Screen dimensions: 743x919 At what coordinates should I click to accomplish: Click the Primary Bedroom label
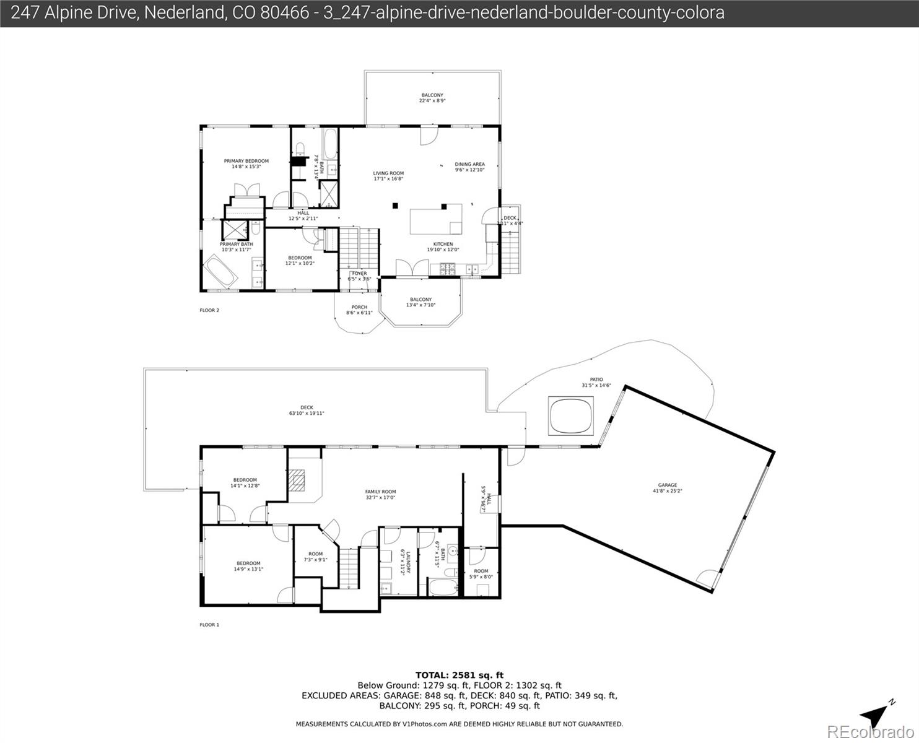coord(246,163)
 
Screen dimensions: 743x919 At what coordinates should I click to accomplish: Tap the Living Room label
coord(388,176)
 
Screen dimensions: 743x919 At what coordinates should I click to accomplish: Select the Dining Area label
coord(469,167)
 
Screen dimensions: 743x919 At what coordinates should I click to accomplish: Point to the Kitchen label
coord(443,246)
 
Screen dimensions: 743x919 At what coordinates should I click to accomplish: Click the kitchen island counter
coord(435,220)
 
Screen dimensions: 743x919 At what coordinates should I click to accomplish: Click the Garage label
coord(667,488)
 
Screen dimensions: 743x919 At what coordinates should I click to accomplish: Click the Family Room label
coord(380,494)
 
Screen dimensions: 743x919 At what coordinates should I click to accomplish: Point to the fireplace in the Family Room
coord(299,480)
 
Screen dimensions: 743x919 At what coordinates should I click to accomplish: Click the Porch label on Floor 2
coord(359,310)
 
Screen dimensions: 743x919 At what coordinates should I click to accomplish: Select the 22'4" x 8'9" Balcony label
coord(432,98)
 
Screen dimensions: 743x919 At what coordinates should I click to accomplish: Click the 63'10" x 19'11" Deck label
coord(307,410)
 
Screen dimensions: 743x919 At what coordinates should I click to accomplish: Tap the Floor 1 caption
coord(209,625)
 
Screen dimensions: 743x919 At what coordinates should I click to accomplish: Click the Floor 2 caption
coord(209,310)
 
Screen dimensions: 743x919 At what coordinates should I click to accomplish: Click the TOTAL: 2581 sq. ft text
coord(459,675)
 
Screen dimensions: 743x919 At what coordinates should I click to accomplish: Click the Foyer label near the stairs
coord(359,276)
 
